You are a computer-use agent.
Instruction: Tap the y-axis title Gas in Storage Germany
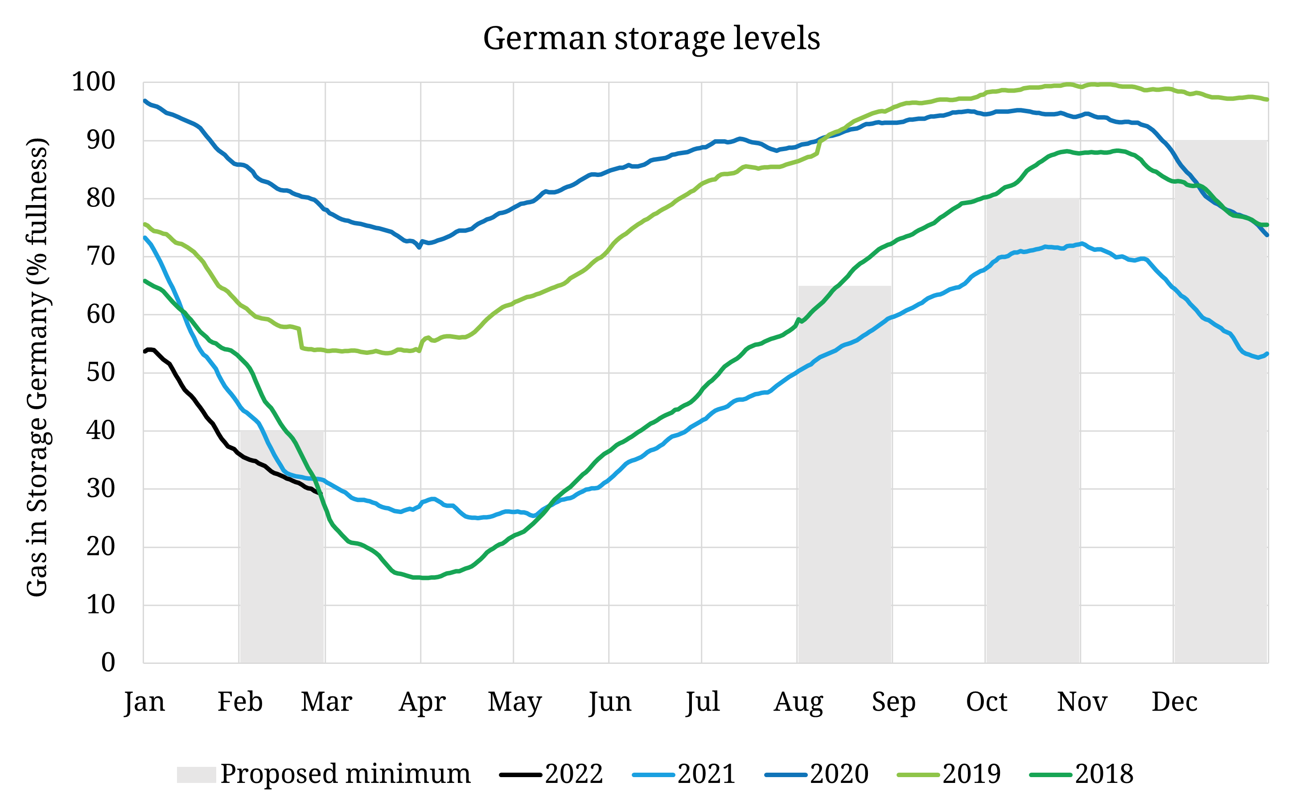coord(37,367)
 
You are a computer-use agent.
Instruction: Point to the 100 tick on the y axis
coord(94,82)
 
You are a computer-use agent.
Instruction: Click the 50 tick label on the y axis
coord(101,372)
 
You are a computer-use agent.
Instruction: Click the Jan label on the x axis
coord(144,702)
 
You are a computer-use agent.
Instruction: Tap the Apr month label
coord(422,702)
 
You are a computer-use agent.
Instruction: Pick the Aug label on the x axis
coord(798,702)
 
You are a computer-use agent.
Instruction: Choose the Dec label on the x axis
coord(1174,702)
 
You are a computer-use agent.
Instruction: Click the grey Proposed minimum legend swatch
coord(196,774)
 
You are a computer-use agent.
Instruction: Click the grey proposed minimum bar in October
coord(1032,429)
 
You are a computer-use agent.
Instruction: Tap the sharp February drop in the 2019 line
coord(300,339)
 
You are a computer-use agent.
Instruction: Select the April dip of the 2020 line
coord(420,247)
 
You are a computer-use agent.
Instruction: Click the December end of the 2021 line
coord(1267,354)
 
